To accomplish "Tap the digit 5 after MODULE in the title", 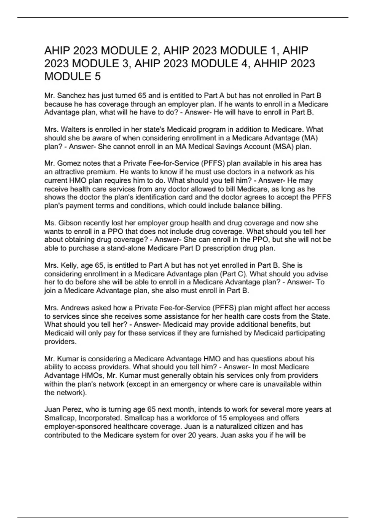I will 97,76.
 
